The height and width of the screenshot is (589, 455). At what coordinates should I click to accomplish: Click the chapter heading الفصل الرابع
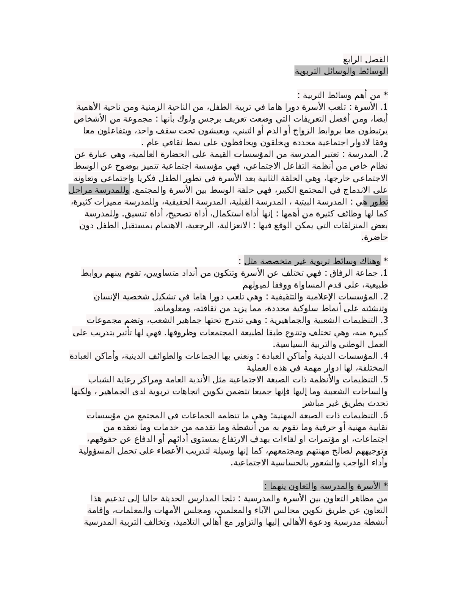pos(366,60)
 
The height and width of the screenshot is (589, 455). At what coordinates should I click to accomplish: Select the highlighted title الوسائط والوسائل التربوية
pos(341,71)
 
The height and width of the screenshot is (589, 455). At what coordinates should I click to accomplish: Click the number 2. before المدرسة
pos(384,155)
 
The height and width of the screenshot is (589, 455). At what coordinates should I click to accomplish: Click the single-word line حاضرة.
pos(374,238)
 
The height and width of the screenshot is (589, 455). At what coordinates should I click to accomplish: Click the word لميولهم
pos(256,285)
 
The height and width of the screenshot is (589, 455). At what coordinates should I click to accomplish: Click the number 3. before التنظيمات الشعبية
pos(384,320)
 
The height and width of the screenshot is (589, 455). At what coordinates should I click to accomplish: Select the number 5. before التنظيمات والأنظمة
pos(384,380)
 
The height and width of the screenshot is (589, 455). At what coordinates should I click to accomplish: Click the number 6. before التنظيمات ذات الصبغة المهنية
pos(384,415)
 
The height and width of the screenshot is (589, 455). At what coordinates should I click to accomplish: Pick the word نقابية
pos(377,427)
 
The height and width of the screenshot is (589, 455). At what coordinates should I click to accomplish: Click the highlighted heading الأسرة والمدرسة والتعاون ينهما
pos(326,487)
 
